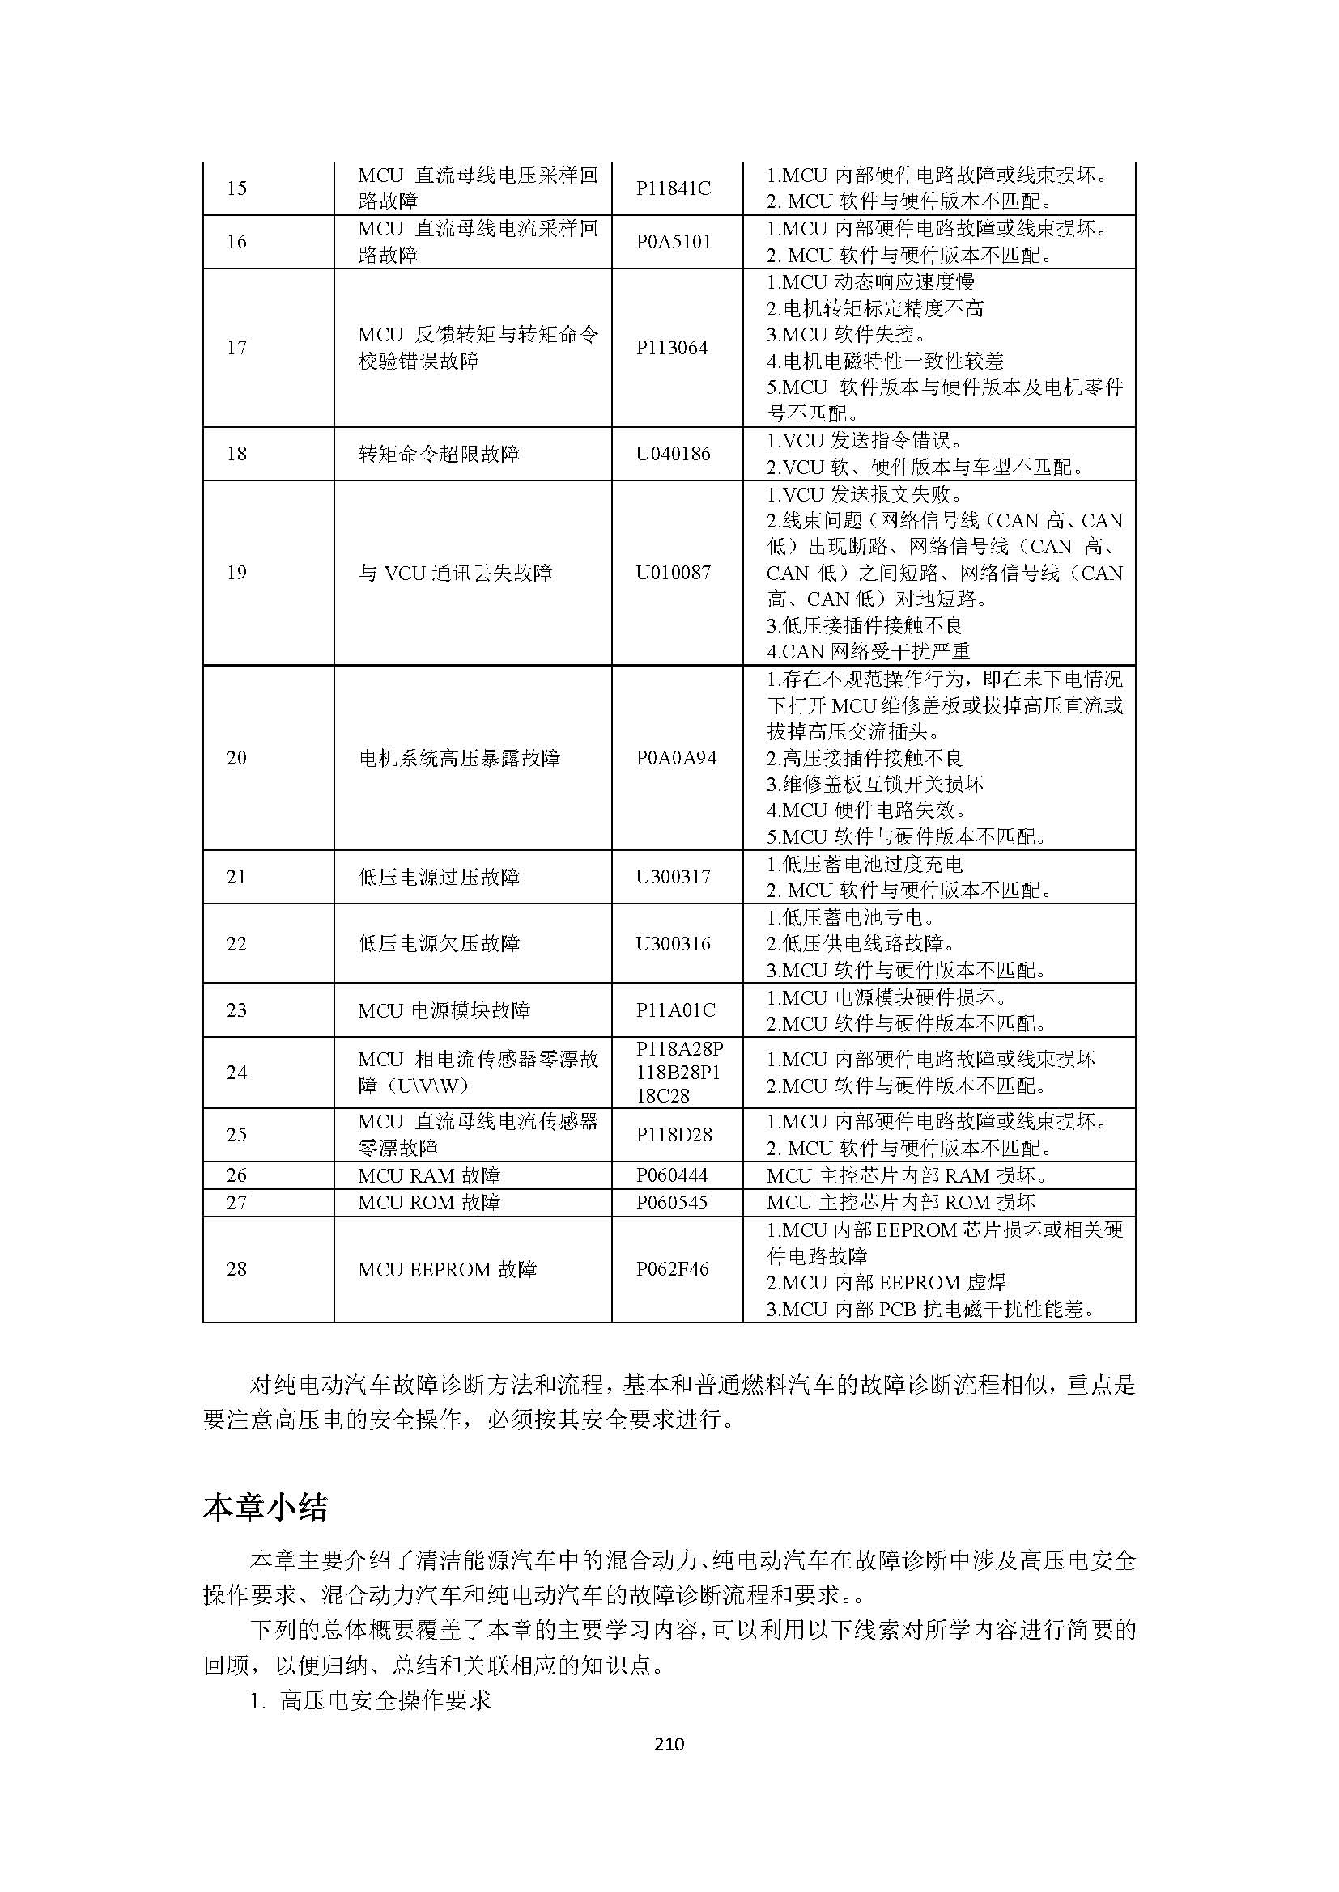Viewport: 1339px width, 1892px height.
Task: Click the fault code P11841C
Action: pos(673,188)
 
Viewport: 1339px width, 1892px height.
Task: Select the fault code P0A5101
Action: pos(673,243)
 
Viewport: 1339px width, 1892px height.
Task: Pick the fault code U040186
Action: pos(673,454)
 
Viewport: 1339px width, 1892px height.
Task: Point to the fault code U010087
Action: pos(673,573)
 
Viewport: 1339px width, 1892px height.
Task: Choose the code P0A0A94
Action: pos(676,758)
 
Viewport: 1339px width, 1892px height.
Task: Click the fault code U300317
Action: pos(673,877)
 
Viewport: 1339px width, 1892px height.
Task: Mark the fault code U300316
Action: pos(673,943)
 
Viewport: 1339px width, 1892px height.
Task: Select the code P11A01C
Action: pos(675,1010)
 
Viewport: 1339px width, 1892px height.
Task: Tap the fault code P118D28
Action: pos(674,1135)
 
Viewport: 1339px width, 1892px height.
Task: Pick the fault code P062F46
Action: pos(672,1269)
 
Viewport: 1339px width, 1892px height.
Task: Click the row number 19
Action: pos(236,573)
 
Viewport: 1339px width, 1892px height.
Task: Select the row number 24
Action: pos(236,1072)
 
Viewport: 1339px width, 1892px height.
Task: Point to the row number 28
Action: pos(236,1269)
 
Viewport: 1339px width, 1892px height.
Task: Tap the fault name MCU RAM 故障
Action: pos(429,1176)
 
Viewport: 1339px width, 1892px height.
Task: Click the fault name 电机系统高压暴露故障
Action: pos(459,758)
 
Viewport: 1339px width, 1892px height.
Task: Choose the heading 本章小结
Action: pos(266,1508)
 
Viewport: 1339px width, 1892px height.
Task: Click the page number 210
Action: pos(669,1744)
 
